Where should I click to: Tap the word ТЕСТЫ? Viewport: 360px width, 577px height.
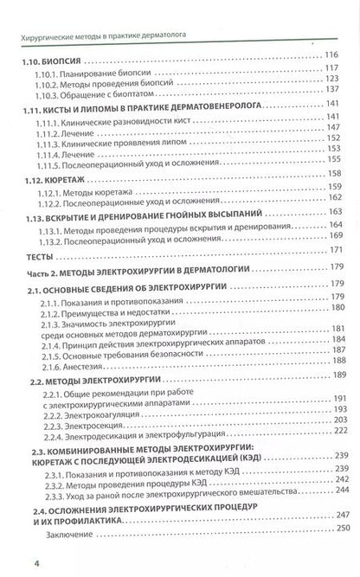coord(37,256)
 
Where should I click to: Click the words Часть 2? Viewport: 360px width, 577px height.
coord(40,272)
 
